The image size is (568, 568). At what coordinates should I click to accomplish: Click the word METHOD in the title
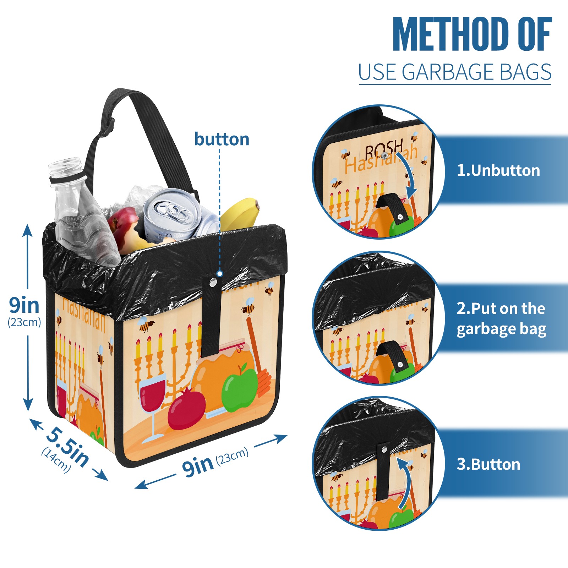coord(450,34)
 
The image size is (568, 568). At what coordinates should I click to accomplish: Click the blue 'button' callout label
coord(222,139)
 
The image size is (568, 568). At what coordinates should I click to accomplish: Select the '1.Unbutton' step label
coord(498,170)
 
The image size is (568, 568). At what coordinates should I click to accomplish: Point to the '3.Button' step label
coord(488,464)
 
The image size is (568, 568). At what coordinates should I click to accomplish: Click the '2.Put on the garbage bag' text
coord(501,319)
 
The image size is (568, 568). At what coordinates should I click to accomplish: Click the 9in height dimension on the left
coord(24,311)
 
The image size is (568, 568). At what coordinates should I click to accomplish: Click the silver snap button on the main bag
coord(213,283)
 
